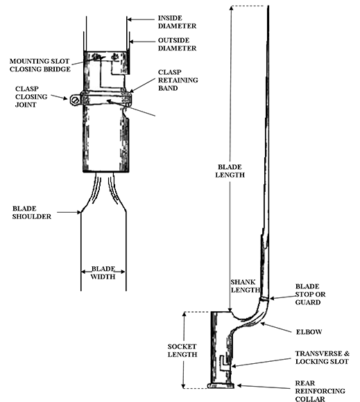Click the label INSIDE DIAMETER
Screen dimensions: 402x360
(x=178, y=21)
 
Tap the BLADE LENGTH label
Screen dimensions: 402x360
(x=230, y=171)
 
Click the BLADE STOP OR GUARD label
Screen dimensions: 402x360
(x=311, y=294)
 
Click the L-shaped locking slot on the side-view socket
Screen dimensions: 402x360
(x=223, y=362)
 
